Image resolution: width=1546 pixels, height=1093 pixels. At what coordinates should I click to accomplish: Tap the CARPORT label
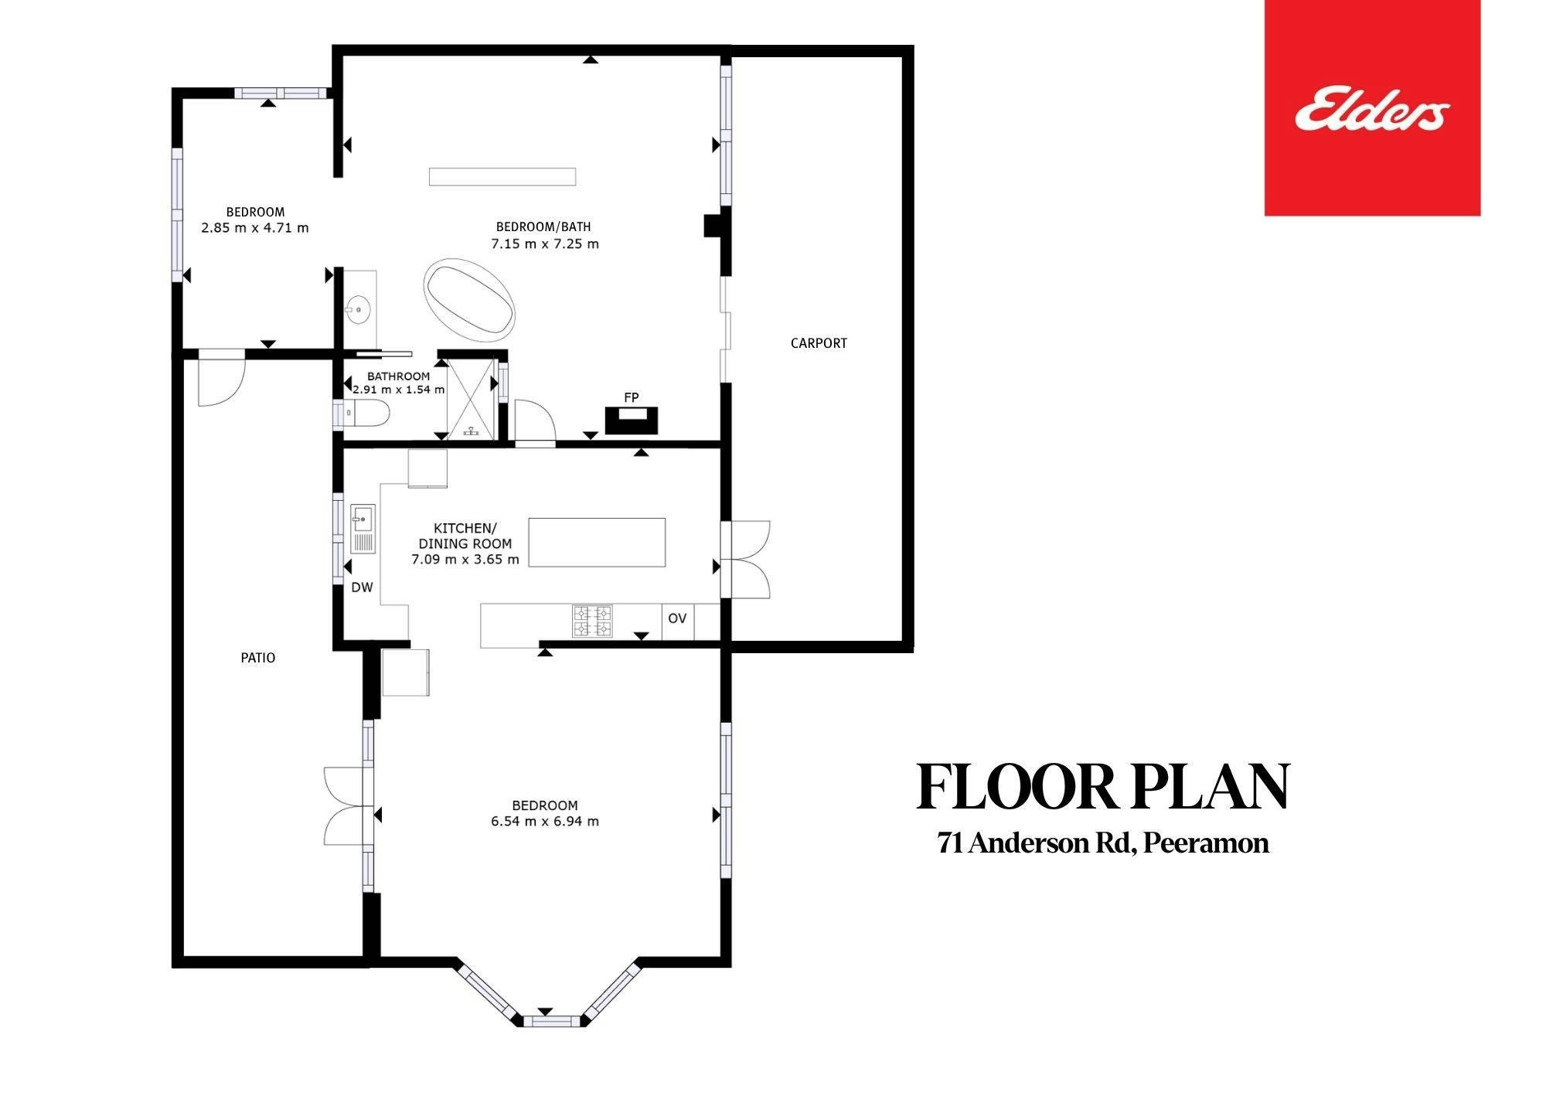click(819, 343)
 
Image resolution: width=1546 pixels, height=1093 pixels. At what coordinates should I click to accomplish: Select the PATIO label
click(258, 658)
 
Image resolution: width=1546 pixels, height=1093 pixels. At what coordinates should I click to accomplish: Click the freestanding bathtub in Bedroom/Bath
click(469, 298)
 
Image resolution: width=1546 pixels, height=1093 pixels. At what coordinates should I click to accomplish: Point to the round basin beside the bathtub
click(358, 311)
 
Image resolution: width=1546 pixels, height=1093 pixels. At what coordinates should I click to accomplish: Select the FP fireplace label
click(632, 397)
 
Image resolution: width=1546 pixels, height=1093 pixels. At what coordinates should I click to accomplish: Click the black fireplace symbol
click(632, 421)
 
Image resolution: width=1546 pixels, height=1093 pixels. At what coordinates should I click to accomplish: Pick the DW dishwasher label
click(362, 587)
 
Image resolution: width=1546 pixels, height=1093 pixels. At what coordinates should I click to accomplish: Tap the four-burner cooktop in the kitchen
click(592, 621)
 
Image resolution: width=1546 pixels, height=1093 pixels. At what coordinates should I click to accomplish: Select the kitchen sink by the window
click(363, 528)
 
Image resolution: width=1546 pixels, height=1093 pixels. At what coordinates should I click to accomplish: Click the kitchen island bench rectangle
click(597, 543)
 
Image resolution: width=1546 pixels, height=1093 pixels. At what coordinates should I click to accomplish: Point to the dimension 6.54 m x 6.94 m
click(545, 822)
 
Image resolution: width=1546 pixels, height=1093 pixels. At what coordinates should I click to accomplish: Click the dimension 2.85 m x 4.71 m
click(255, 228)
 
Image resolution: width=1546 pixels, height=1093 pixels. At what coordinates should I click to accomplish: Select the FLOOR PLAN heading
click(1102, 787)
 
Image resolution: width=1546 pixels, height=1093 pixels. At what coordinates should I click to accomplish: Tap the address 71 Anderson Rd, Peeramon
click(1103, 843)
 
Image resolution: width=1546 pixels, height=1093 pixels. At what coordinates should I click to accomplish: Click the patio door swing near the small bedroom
click(222, 379)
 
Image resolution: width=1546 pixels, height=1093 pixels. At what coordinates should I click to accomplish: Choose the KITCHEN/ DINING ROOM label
click(465, 536)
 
